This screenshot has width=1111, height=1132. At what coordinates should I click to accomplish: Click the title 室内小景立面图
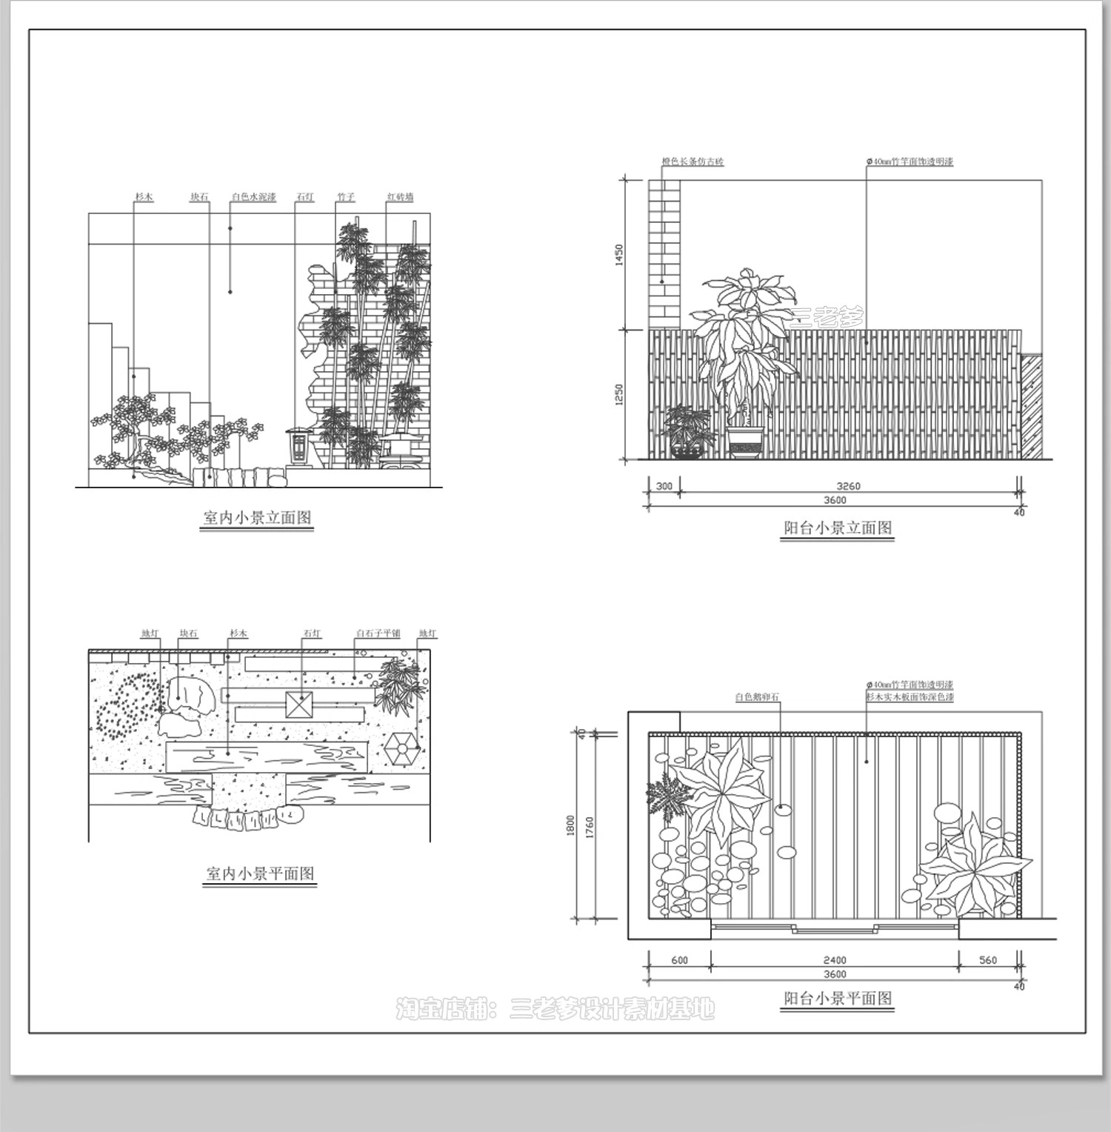click(257, 518)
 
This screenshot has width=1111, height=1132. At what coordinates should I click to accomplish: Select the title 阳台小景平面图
click(838, 998)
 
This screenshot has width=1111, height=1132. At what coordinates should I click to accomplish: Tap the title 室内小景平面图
click(259, 873)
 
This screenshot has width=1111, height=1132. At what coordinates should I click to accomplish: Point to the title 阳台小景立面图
click(838, 528)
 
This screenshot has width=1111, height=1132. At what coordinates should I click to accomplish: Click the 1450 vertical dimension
click(619, 255)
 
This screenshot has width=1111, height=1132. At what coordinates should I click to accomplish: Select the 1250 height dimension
click(619, 394)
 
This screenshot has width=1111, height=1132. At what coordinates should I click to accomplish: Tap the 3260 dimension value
click(848, 486)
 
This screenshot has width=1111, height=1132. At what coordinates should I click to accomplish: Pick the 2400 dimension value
click(834, 960)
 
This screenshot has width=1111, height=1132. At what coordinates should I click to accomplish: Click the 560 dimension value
click(988, 960)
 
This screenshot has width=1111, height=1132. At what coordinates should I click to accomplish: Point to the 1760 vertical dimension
click(590, 828)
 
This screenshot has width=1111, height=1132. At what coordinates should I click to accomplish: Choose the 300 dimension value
click(664, 486)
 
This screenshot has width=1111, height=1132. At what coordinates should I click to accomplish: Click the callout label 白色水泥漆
click(253, 197)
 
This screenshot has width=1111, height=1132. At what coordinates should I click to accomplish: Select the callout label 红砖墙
click(400, 197)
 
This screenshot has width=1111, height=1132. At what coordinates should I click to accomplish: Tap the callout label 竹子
click(346, 197)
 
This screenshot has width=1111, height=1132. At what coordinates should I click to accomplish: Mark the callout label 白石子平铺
click(378, 633)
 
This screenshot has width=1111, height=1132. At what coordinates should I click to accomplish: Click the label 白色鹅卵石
click(757, 697)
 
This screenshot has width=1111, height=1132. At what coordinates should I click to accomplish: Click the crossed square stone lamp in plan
click(301, 705)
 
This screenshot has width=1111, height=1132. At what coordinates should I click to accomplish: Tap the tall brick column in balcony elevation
click(664, 254)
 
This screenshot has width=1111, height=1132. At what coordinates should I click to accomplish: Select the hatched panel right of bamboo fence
click(1031, 405)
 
